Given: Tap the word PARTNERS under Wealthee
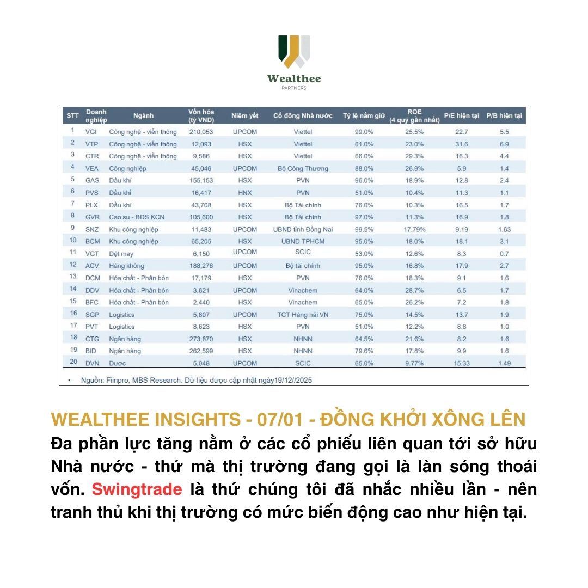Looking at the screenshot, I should click(x=294, y=88).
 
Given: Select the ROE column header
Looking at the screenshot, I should click(x=414, y=115).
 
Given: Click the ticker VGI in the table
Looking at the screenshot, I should click(x=91, y=132).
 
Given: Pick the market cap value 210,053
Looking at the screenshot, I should click(x=200, y=132).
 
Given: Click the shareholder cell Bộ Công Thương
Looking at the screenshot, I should click(x=303, y=168).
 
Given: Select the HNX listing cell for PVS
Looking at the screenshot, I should click(x=244, y=192).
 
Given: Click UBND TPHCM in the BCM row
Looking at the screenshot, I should click(x=303, y=241).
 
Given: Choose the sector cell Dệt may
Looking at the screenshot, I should click(x=121, y=254).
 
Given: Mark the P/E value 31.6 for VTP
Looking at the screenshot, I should click(x=462, y=144).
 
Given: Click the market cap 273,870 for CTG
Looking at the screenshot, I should click(x=200, y=339).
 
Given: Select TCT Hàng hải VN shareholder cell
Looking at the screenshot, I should click(x=303, y=315).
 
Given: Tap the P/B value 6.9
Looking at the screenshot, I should click(x=504, y=144).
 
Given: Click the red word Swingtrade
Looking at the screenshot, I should click(x=137, y=489).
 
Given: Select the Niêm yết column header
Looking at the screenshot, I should click(x=244, y=116).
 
